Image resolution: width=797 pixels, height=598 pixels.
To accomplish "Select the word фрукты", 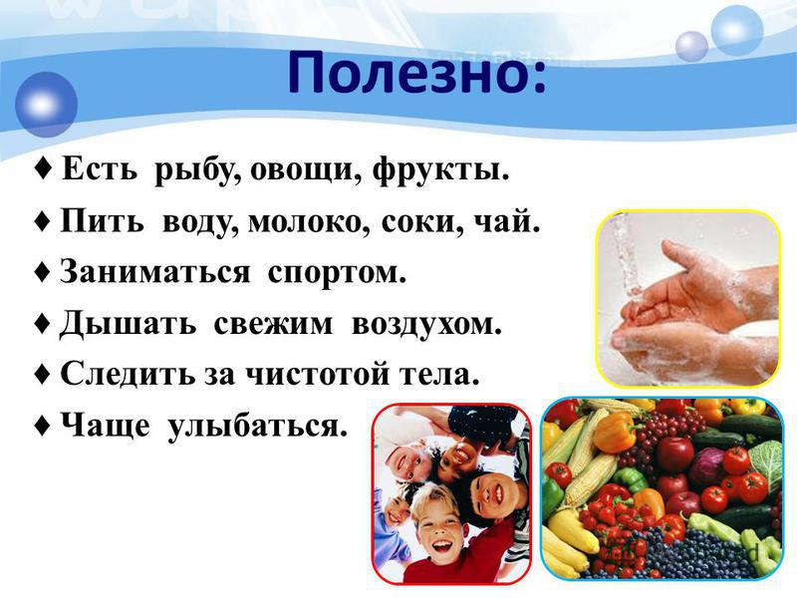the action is pyautogui.click(x=440, y=170).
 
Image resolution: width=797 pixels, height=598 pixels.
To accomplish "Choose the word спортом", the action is pyautogui.click(x=337, y=273).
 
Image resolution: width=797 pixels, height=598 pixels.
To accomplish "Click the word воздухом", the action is pyautogui.click(x=426, y=325).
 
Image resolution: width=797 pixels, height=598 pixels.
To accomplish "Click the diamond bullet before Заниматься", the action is pyautogui.click(x=43, y=272).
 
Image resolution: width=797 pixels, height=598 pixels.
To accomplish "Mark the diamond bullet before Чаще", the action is pyautogui.click(x=43, y=426).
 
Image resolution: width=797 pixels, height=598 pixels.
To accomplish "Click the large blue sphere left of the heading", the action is pyautogui.click(x=46, y=105).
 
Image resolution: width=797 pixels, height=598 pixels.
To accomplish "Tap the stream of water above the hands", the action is pyautogui.click(x=627, y=254).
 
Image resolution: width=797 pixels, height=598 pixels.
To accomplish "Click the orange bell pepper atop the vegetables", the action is pyautogui.click(x=616, y=433).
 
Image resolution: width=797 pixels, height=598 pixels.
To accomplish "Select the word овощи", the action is pyautogui.click(x=307, y=171).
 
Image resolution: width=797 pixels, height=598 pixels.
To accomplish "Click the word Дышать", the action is pyautogui.click(x=128, y=325).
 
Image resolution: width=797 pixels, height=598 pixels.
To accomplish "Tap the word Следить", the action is pyautogui.click(x=128, y=374).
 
